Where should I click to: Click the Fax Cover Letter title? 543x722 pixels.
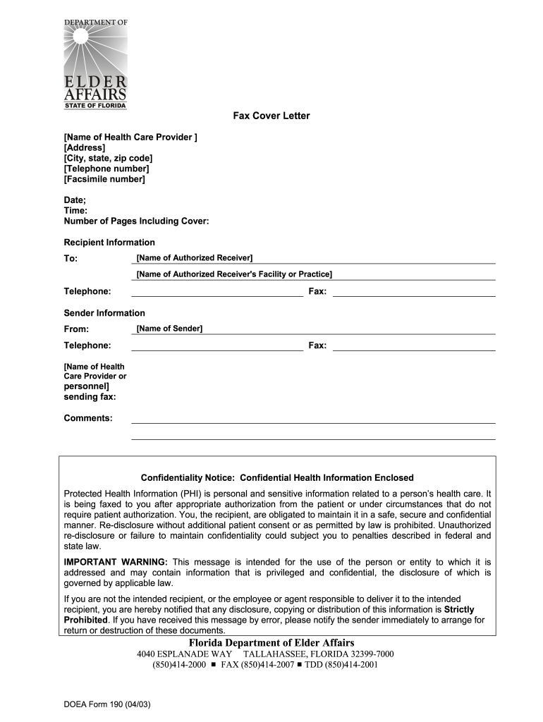point(271,116)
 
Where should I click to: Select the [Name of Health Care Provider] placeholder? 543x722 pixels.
point(130,137)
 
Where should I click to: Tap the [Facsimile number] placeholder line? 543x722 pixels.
point(104,179)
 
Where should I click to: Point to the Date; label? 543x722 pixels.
point(75,200)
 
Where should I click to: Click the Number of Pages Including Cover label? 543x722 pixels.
point(136,221)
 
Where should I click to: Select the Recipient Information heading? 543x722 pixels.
point(109,243)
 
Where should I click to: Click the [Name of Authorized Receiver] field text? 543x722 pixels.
point(195,258)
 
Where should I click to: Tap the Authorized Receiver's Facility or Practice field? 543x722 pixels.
point(234,274)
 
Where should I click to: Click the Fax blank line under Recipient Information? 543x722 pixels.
point(413,292)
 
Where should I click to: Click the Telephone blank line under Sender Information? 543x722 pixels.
point(217,345)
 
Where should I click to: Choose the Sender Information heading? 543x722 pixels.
point(104,313)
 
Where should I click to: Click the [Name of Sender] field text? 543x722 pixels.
point(169,329)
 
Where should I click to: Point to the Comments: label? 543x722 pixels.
point(88,418)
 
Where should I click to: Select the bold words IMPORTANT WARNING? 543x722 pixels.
point(116,562)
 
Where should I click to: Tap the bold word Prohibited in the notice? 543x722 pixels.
point(85,620)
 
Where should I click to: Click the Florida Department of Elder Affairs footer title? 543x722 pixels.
point(271,642)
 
